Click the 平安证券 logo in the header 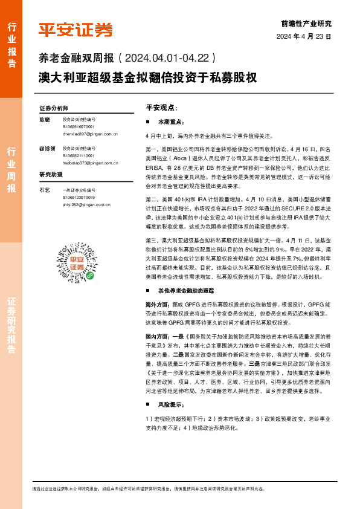coord(76,30)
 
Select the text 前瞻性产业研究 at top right coord(306,24)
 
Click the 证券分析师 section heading coord(54,108)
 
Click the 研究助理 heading coord(51,175)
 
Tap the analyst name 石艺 coord(44,190)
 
